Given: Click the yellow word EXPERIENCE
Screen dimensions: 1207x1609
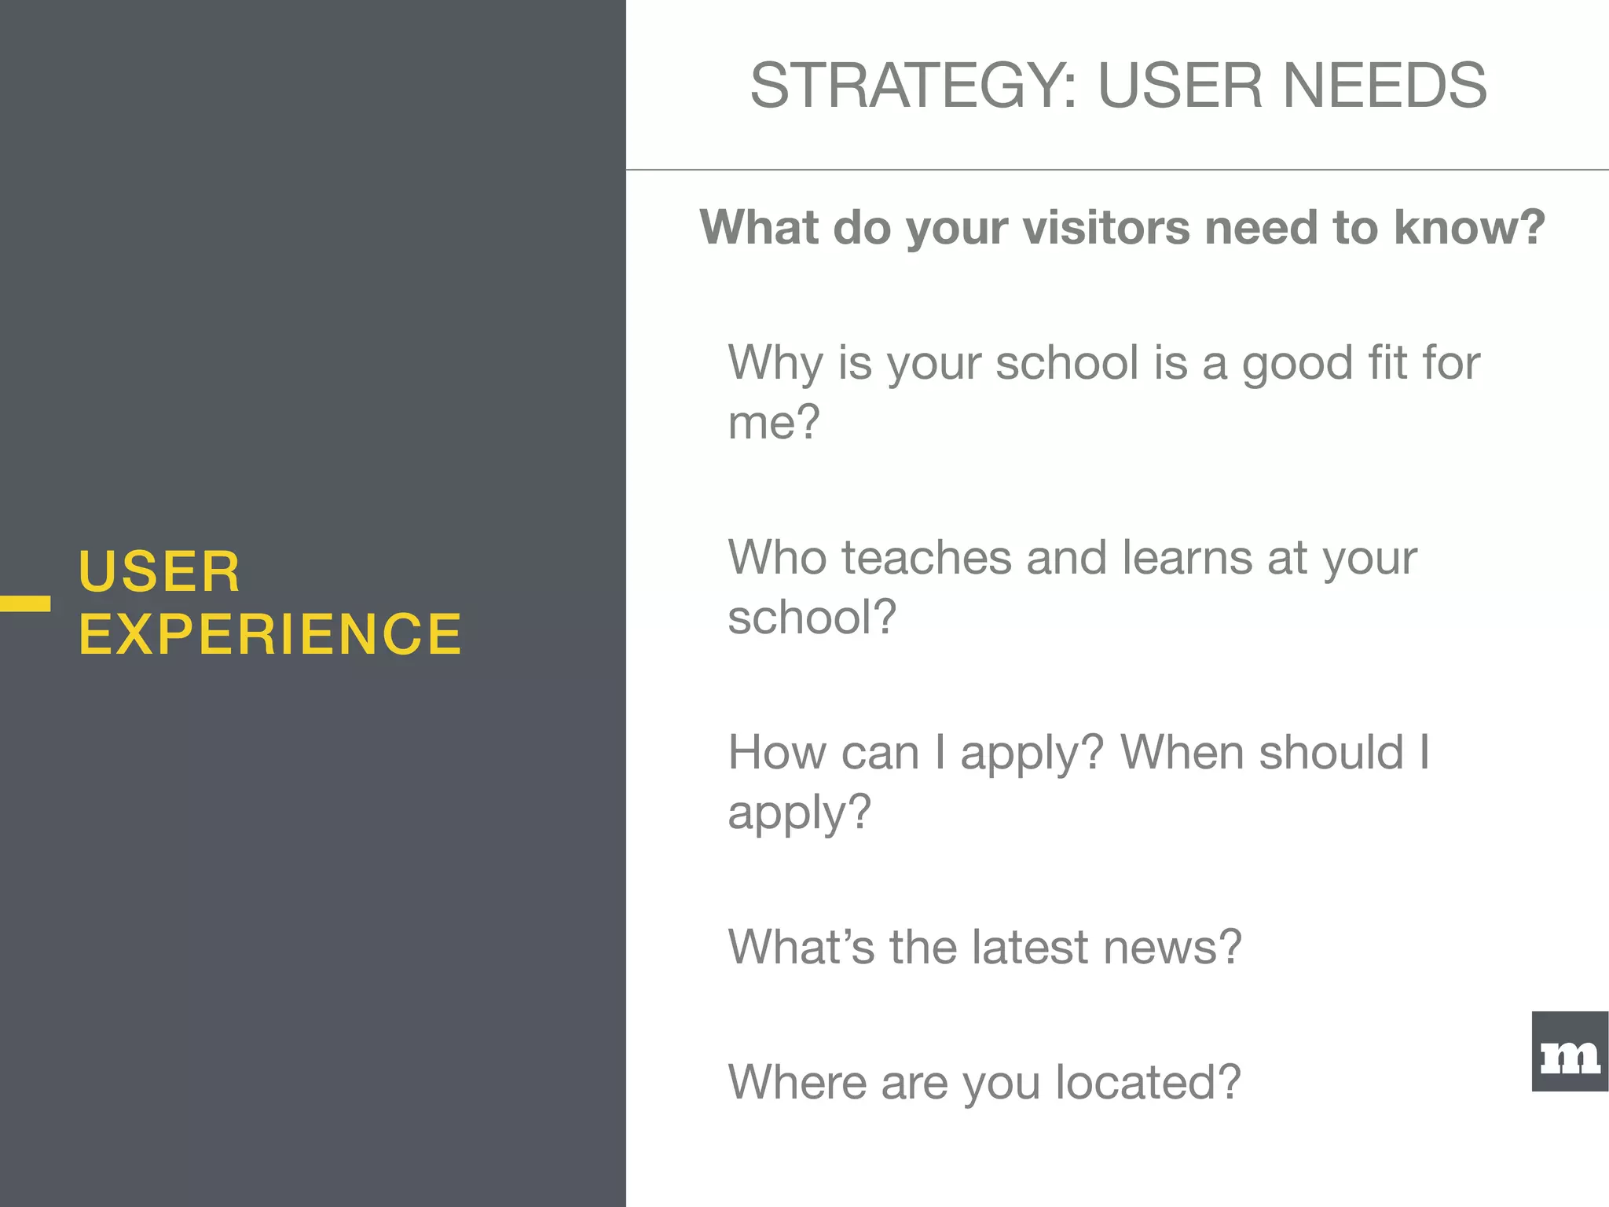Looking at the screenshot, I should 270,634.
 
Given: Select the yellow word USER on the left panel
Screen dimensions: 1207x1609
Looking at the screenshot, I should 159,571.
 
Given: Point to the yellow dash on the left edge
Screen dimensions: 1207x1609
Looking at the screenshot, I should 25,603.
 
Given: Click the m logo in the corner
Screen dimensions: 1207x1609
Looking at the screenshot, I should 1570,1052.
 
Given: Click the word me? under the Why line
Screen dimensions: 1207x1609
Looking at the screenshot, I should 774,422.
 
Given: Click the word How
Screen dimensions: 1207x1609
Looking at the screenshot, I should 777,752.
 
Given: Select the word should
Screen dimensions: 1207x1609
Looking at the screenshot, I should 1330,752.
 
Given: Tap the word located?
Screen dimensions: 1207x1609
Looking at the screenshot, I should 1147,1082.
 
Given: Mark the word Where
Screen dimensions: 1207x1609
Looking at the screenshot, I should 797,1082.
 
